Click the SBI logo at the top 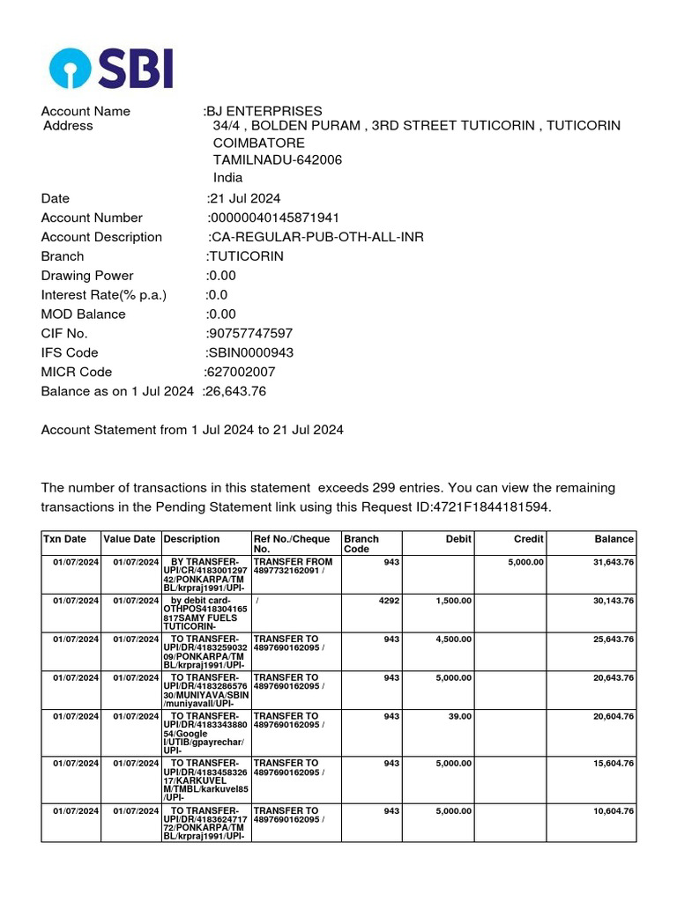pyautogui.click(x=111, y=68)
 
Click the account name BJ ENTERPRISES pyautogui.click(x=264, y=111)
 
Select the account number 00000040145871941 pyautogui.click(x=274, y=218)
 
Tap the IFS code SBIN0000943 pyautogui.click(x=250, y=352)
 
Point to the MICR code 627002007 pyautogui.click(x=240, y=372)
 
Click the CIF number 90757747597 pyautogui.click(x=249, y=333)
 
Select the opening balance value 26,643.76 pyautogui.click(x=235, y=391)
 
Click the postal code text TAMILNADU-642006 pyautogui.click(x=278, y=159)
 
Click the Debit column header pyautogui.click(x=458, y=539)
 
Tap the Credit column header pyautogui.click(x=528, y=539)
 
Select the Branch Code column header pyautogui.click(x=361, y=544)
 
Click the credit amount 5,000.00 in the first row pyautogui.click(x=525, y=561)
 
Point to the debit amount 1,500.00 pyautogui.click(x=454, y=600)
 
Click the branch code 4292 pyautogui.click(x=388, y=600)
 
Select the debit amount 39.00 pyautogui.click(x=459, y=716)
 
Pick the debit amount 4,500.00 pyautogui.click(x=454, y=639)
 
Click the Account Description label pyautogui.click(x=101, y=237)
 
